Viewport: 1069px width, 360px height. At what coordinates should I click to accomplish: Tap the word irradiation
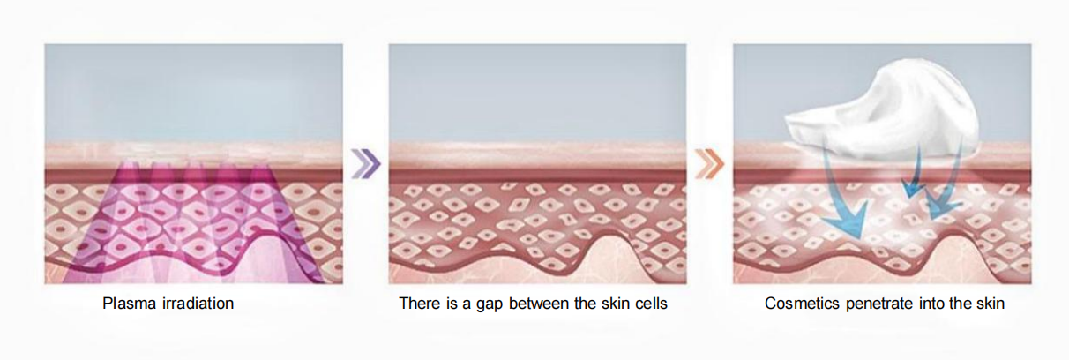pyautogui.click(x=198, y=304)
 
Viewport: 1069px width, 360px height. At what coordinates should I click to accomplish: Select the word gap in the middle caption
pyautogui.click(x=490, y=304)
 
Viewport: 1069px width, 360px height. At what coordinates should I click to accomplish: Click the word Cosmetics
pyautogui.click(x=802, y=304)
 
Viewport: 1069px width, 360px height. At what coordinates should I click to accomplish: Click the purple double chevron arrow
pyautogui.click(x=366, y=164)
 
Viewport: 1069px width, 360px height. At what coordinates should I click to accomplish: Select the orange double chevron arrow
pyautogui.click(x=710, y=164)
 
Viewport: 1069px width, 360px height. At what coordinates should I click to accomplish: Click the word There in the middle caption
pyautogui.click(x=420, y=304)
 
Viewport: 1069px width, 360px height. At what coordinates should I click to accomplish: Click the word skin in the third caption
pyautogui.click(x=990, y=304)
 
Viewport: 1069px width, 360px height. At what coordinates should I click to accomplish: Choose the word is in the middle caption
pyautogui.click(x=452, y=304)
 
